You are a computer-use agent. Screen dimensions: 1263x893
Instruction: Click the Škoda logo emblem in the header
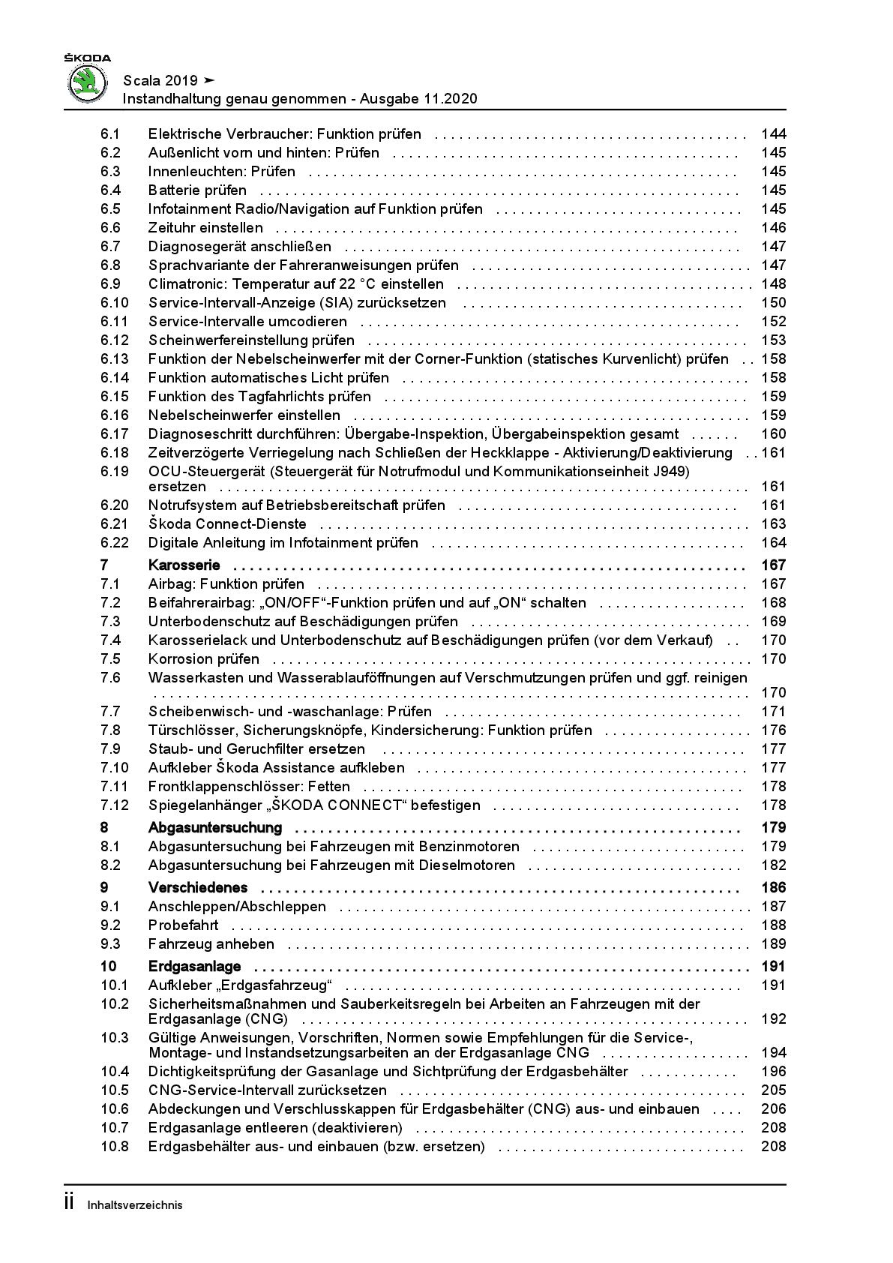(x=88, y=82)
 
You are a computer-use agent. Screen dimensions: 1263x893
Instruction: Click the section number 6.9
(x=110, y=284)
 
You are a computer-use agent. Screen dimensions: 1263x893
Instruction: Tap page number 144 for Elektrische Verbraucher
(x=773, y=134)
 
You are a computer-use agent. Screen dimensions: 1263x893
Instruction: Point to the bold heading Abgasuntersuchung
(x=215, y=828)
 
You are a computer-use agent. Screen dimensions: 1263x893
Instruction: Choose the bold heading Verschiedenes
(x=198, y=888)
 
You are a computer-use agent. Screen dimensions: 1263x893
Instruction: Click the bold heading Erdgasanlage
(x=194, y=967)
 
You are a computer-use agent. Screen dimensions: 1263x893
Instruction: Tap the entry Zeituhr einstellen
(x=205, y=228)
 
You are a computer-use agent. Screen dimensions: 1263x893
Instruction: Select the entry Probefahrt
(x=183, y=925)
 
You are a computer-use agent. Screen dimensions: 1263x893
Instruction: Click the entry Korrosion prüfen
(x=204, y=659)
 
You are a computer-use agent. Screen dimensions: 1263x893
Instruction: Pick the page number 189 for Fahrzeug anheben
(x=773, y=944)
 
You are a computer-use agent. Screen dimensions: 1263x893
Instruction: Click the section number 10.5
(x=115, y=1090)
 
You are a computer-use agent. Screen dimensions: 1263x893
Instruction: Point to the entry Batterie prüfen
(x=197, y=190)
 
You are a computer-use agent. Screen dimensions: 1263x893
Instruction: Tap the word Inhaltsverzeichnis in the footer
(x=135, y=1205)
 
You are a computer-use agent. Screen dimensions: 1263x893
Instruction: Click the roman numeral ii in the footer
(x=69, y=1203)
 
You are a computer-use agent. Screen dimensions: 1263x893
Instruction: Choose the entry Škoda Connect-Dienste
(x=227, y=524)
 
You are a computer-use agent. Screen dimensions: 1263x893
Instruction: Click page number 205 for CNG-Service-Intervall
(x=773, y=1090)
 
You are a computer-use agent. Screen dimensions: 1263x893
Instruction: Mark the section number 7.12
(x=115, y=805)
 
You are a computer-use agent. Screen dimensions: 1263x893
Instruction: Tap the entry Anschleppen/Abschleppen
(x=237, y=907)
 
